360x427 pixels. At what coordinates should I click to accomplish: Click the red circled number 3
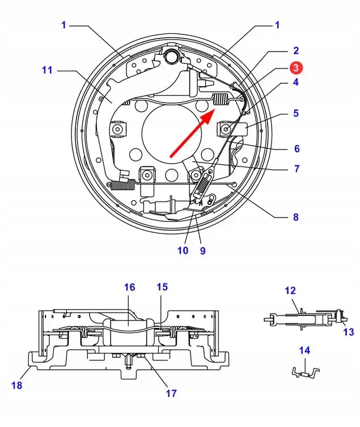click(297, 67)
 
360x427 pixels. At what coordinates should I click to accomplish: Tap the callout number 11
click(47, 70)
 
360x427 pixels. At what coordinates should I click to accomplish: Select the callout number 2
click(296, 50)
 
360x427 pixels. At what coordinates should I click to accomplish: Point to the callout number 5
click(296, 113)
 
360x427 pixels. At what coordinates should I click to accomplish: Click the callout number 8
click(296, 217)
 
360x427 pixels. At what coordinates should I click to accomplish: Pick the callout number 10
click(183, 250)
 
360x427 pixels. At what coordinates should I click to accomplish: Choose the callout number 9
click(202, 250)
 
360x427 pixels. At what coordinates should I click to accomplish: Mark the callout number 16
click(130, 287)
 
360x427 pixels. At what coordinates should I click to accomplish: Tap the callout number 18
click(16, 385)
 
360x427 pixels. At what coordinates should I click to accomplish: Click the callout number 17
click(171, 393)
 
